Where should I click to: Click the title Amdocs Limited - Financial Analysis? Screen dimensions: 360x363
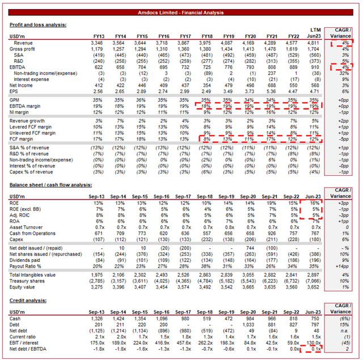[181, 11]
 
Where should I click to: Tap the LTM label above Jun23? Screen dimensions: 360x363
[315, 29]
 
